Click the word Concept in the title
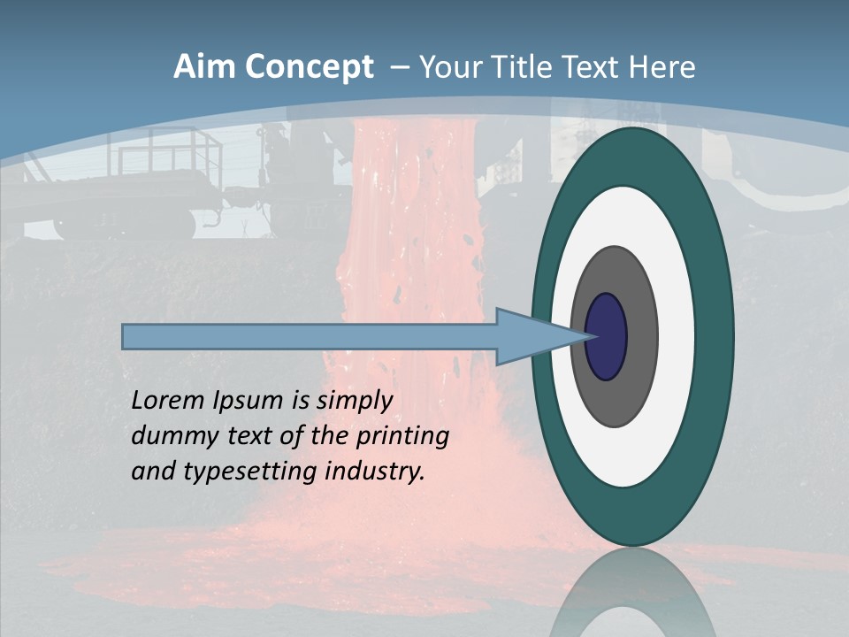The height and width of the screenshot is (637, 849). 309,67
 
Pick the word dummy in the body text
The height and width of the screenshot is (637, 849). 169,436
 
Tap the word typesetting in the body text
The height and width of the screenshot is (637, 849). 250,472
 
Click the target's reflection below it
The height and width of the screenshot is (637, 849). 632,597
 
